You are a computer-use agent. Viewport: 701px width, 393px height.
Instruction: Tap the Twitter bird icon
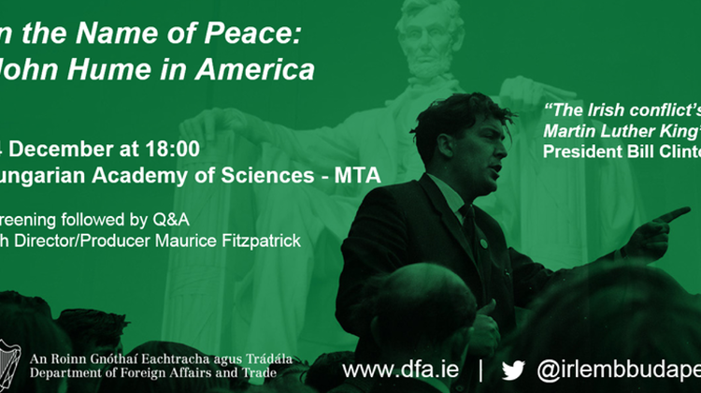[514, 367]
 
